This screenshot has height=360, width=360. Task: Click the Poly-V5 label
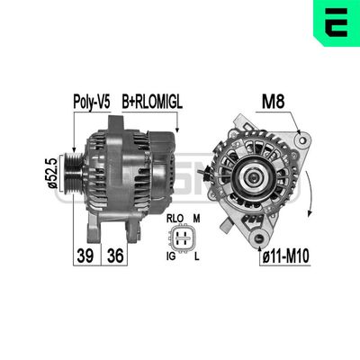coord(90,102)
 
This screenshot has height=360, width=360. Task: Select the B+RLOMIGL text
coord(151,102)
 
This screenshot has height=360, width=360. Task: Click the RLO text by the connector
coord(174,218)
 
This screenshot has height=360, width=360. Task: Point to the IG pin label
coord(172,257)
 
